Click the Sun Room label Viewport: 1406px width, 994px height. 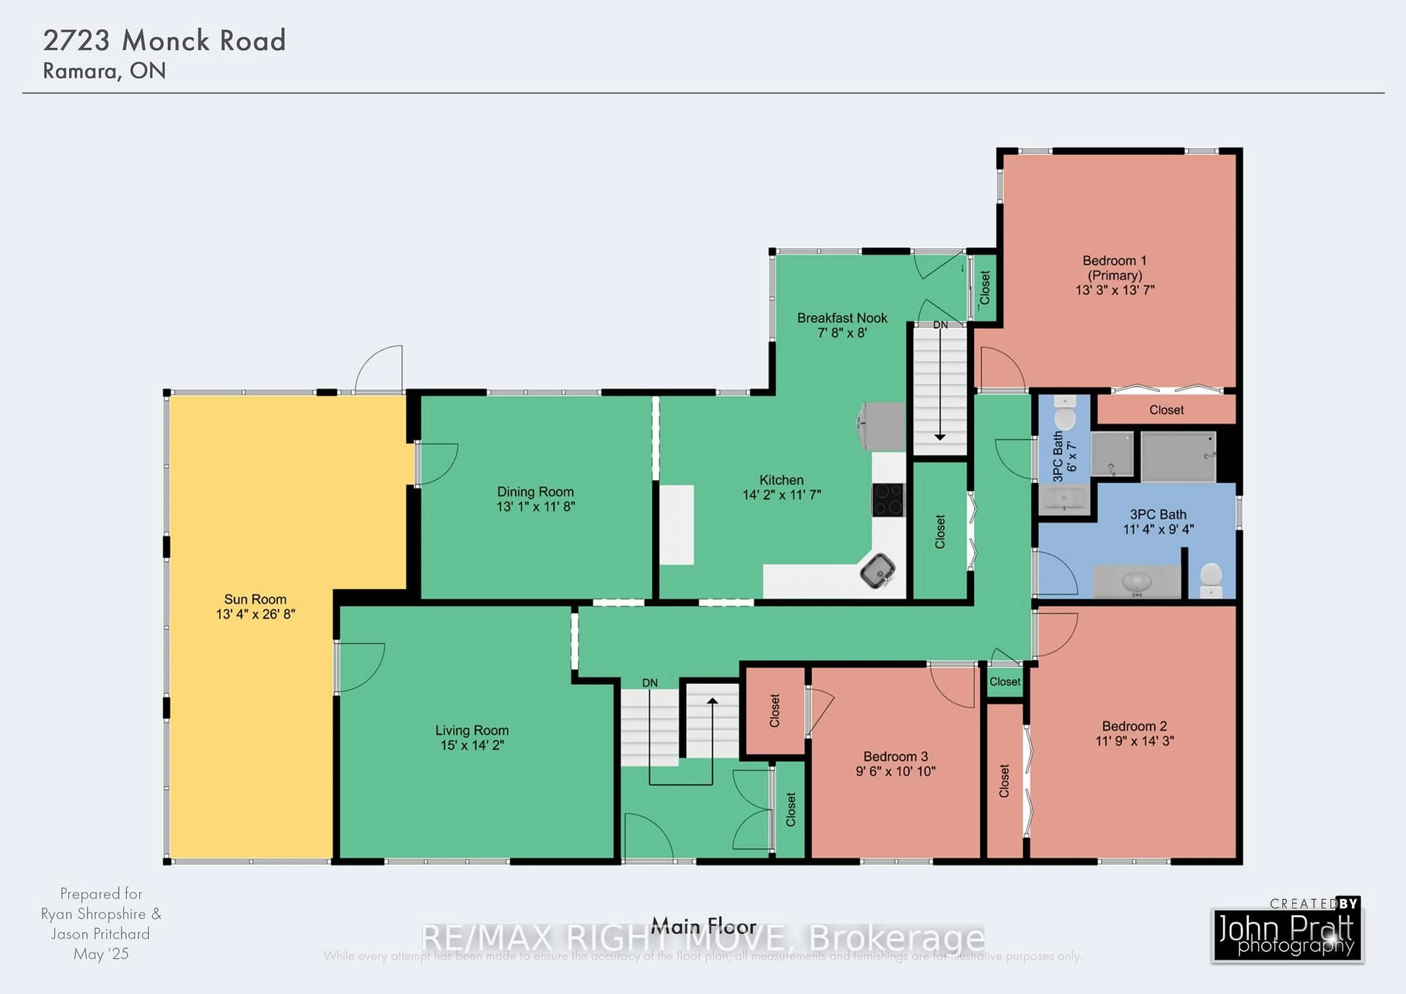click(x=255, y=599)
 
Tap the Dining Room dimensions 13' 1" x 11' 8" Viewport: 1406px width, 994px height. click(x=535, y=507)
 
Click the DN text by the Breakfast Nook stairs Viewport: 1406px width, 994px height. click(x=940, y=324)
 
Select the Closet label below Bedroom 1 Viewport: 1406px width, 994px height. click(x=1166, y=410)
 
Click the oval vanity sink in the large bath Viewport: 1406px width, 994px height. click(x=1137, y=581)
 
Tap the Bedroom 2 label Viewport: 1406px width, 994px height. click(x=1134, y=726)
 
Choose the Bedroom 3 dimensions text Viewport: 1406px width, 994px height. click(x=895, y=771)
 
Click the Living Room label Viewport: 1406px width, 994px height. click(x=472, y=730)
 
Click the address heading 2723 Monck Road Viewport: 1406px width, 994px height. click(x=164, y=40)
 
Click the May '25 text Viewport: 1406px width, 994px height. click(x=101, y=954)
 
